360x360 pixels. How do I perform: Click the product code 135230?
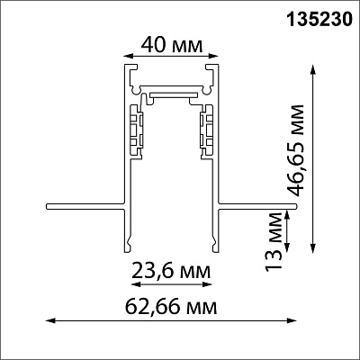(x=319, y=20)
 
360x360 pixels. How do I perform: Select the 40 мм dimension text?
(x=172, y=46)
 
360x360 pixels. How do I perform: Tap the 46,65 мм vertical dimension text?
(x=295, y=150)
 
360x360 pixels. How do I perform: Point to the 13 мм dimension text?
(x=274, y=240)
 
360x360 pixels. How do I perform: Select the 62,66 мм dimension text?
(x=171, y=307)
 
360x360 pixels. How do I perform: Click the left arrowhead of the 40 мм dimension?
(x=128, y=56)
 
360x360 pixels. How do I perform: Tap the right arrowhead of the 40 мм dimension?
(x=213, y=56)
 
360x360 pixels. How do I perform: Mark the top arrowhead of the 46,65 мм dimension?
(x=313, y=69)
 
